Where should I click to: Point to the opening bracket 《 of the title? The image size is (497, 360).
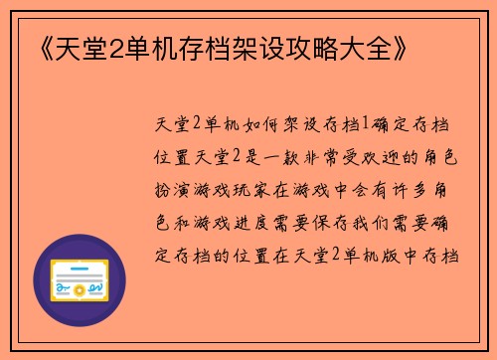point(28,48)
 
